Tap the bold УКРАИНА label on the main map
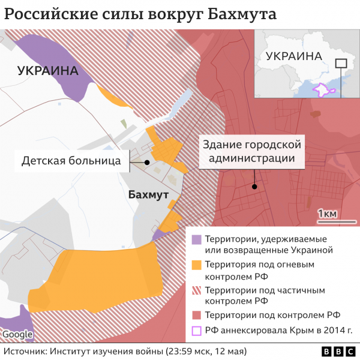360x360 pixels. pyautogui.click(x=48, y=71)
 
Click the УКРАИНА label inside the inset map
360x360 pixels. pyautogui.click(x=293, y=56)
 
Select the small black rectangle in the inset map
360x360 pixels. pyautogui.click(x=341, y=63)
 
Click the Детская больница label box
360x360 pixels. pyautogui.click(x=71, y=161)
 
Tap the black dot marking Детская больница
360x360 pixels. pyautogui.click(x=146, y=162)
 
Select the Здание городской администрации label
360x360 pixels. pyautogui.click(x=251, y=152)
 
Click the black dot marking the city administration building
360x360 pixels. pyautogui.click(x=256, y=187)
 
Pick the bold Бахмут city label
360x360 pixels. pyautogui.click(x=148, y=194)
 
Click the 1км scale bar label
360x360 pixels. pyautogui.click(x=326, y=214)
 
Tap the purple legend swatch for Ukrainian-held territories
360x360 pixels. pyautogui.click(x=197, y=239)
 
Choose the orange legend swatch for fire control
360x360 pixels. pyautogui.click(x=197, y=265)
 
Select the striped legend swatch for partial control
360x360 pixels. pyautogui.click(x=197, y=290)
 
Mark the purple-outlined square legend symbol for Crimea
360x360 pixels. pyautogui.click(x=197, y=330)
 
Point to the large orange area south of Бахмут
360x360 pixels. pyautogui.click(x=102, y=273)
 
